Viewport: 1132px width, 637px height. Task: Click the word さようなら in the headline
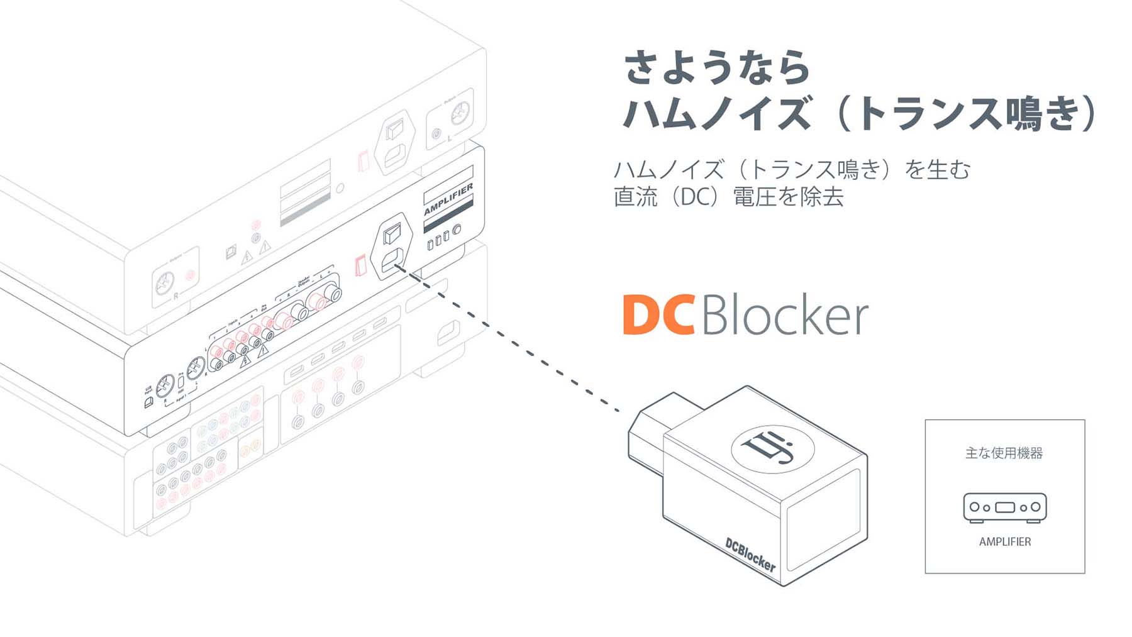717,67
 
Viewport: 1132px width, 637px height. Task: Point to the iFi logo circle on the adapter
772,447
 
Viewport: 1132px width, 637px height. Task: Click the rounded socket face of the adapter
824,519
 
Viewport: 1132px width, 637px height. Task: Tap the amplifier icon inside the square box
1004,507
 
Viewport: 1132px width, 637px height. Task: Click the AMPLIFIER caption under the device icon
1004,541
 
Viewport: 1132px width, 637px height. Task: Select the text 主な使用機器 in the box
1004,453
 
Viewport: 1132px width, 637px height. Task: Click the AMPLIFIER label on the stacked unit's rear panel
448,200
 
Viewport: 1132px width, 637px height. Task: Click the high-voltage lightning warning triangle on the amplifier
245,360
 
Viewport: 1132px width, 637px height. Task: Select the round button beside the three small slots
457,230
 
